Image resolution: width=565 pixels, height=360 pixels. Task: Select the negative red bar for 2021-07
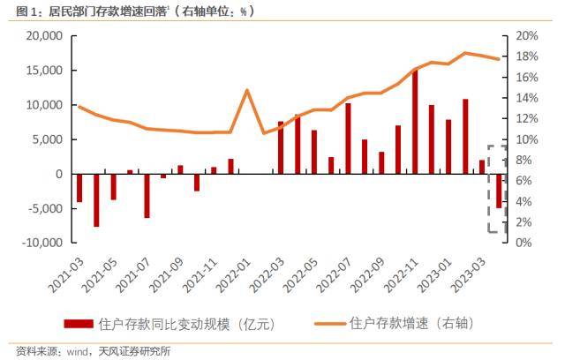click(x=147, y=195)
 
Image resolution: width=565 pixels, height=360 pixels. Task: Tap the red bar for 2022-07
click(x=348, y=139)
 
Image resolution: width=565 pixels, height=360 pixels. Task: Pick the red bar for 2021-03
click(x=79, y=188)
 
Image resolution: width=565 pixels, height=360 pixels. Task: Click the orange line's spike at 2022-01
click(x=247, y=90)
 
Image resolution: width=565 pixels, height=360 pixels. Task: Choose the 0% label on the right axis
click(x=522, y=243)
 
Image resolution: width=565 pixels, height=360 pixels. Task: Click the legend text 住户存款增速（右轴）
click(x=412, y=323)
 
